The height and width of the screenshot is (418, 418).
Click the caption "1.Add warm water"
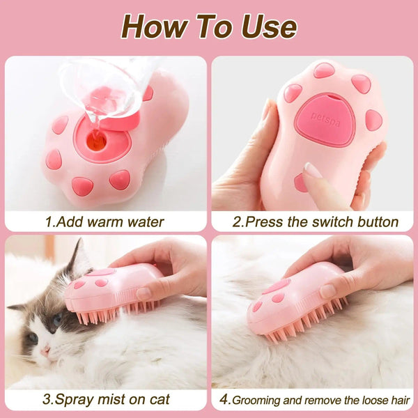(104, 222)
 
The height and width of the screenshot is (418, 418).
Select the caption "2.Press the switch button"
(315, 222)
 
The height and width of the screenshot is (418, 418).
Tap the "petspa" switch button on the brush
(325, 116)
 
